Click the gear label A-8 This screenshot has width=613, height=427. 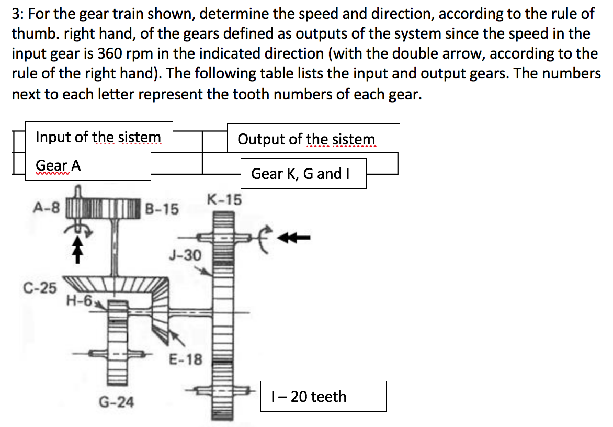coord(46,207)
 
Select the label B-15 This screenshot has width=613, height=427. coord(162,209)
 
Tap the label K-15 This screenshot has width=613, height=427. coord(224,199)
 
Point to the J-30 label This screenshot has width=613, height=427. coord(185,255)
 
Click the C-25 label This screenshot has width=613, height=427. coord(40,287)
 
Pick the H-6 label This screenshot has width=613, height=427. coord(79,300)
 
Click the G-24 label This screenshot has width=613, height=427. coord(116,402)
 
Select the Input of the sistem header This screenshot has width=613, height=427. coord(98,137)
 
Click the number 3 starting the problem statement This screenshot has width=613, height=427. coord(16,14)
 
